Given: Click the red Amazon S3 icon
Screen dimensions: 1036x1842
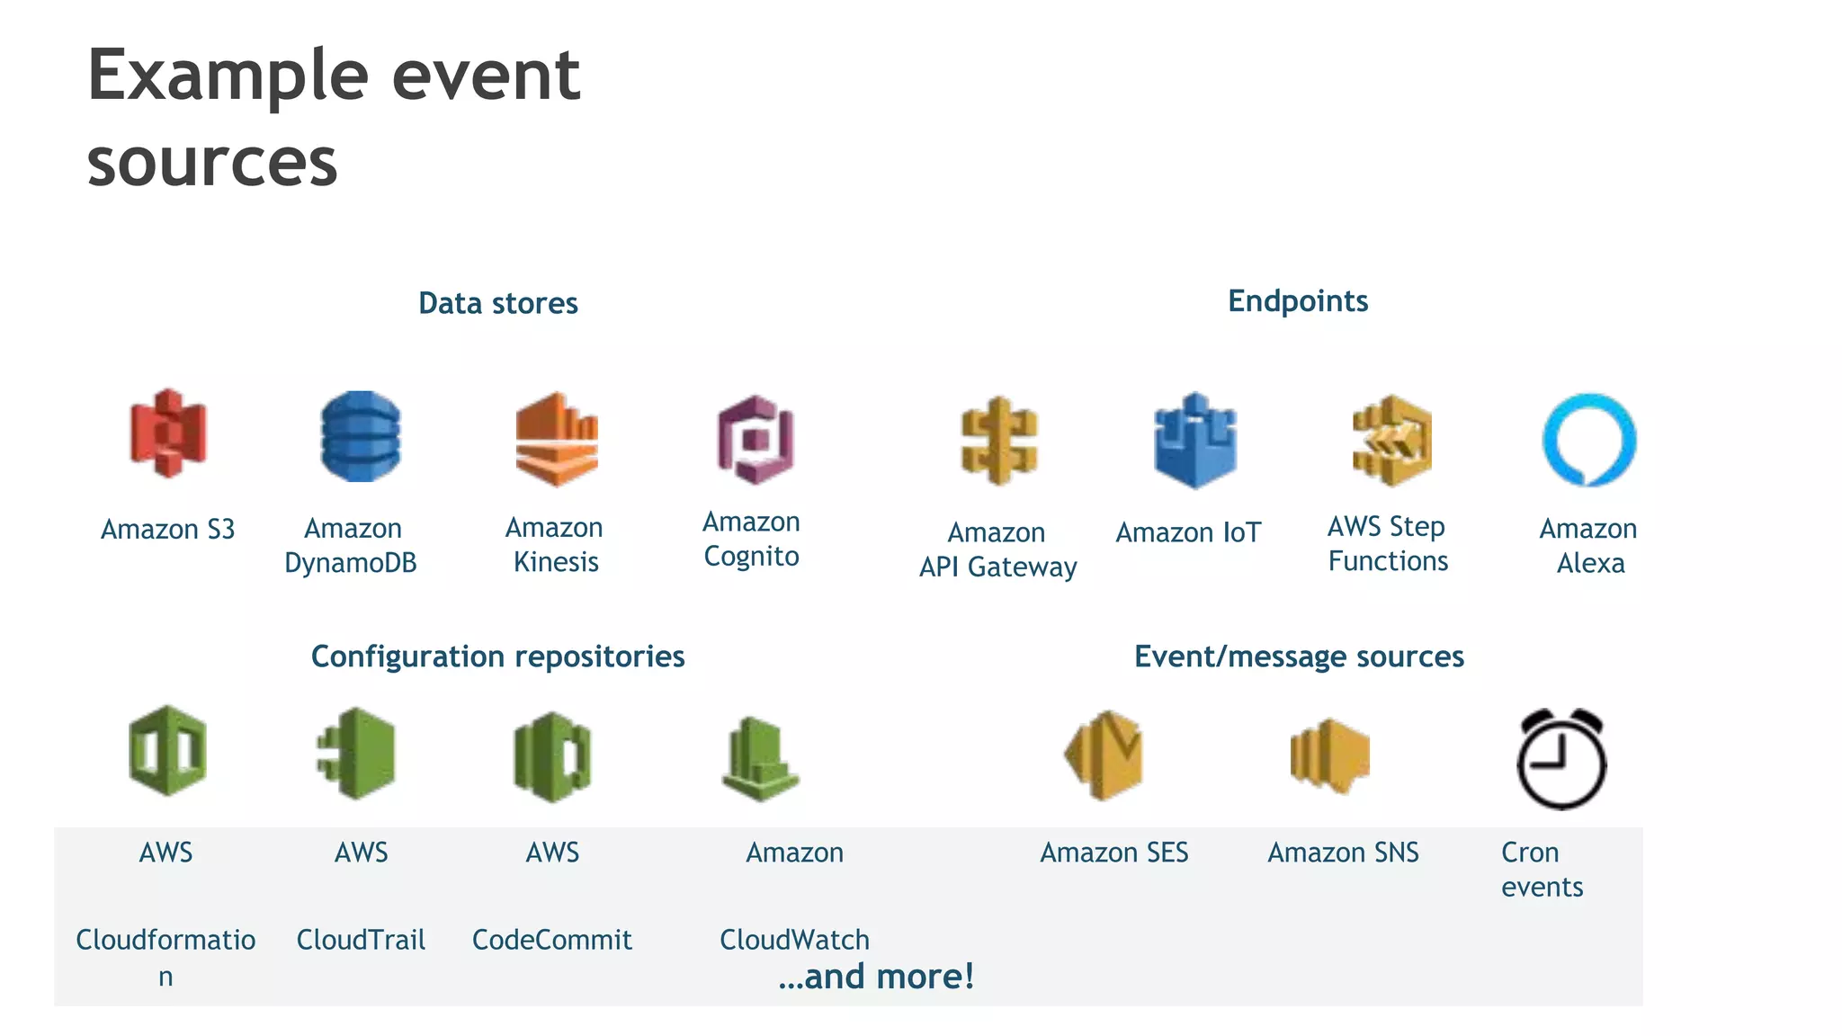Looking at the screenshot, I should [x=168, y=433].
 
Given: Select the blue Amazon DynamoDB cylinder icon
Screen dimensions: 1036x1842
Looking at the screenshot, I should [x=361, y=436].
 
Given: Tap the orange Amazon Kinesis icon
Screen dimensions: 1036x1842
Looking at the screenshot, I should [x=557, y=439].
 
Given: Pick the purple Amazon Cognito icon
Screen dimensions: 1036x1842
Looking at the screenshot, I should [x=756, y=440].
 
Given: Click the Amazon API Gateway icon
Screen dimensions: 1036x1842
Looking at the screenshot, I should [x=999, y=441].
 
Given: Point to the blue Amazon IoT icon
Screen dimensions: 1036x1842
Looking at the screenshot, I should [x=1195, y=441].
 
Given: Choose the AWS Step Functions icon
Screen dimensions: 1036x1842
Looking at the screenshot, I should [x=1391, y=441].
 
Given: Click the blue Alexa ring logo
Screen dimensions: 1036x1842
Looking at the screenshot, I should [x=1589, y=440].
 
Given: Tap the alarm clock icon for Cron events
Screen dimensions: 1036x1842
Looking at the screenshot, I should [x=1561, y=759].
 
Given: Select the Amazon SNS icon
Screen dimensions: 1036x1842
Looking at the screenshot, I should [x=1329, y=755].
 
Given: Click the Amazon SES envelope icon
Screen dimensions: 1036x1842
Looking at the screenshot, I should [x=1104, y=755].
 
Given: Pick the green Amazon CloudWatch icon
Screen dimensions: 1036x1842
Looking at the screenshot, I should [x=760, y=759].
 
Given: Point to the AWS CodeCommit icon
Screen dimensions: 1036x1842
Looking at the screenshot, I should [x=552, y=756].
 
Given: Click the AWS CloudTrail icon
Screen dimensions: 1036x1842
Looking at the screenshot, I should [x=357, y=754].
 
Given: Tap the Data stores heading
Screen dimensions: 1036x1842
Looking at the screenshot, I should [x=498, y=303].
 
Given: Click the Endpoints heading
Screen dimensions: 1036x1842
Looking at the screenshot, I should [x=1298, y=300].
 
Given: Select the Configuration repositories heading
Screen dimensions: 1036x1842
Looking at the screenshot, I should [x=497, y=656].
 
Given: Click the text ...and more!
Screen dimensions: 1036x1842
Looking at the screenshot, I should [x=877, y=977].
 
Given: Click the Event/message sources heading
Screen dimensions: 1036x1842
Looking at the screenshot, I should [x=1299, y=656].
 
